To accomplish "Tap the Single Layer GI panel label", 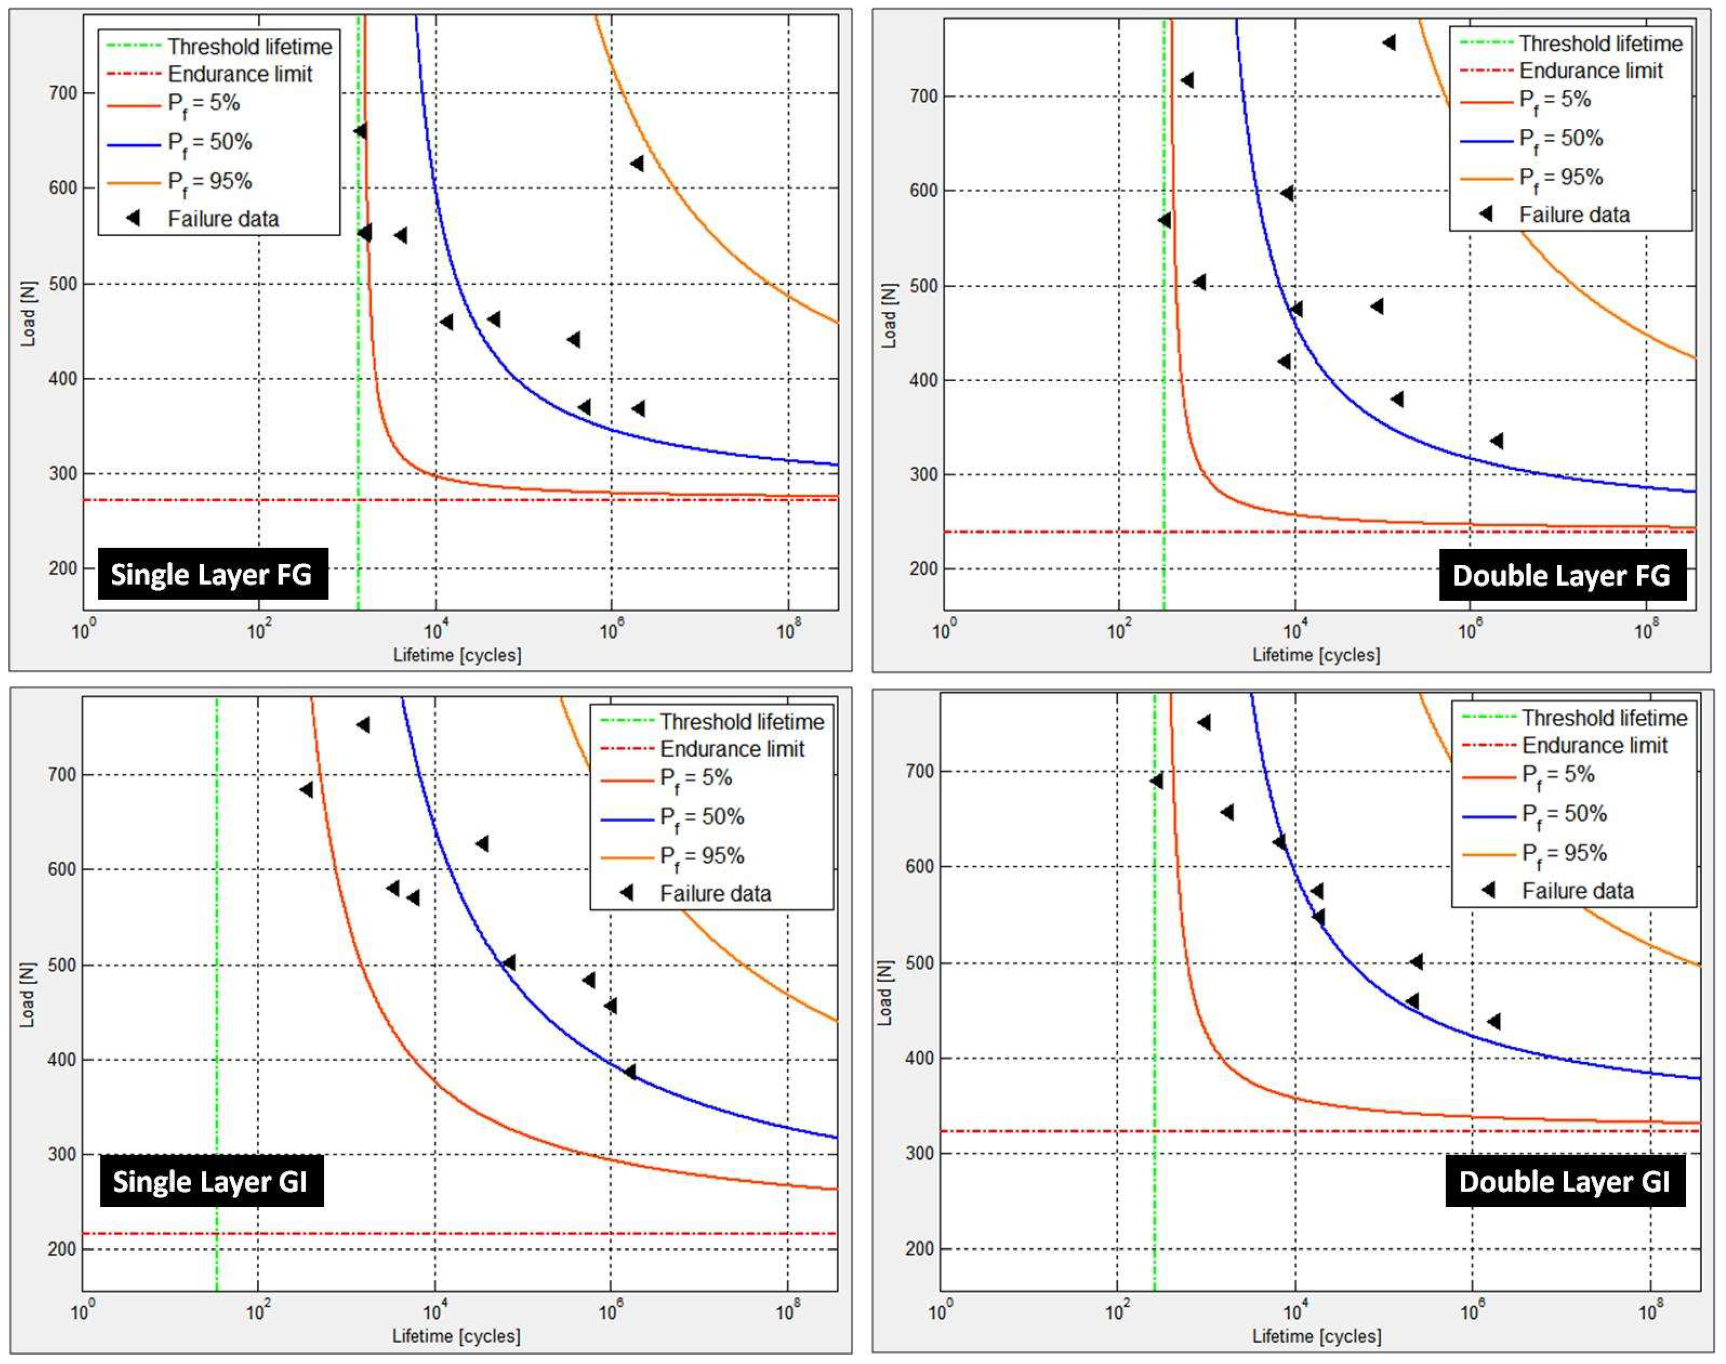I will coord(211,1181).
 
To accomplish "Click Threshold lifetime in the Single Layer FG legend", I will coord(249,46).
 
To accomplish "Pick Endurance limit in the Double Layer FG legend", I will coord(1590,71).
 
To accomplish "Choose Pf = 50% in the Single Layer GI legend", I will coord(701,817).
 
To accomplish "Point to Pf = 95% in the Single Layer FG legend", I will coord(209,181).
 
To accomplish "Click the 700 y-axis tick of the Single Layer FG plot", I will coord(63,93).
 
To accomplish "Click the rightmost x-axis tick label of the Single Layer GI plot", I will coord(787,1312).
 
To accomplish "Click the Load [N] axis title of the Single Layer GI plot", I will coord(28,994).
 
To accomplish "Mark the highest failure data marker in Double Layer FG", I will coord(1389,43).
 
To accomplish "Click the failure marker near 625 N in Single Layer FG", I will coord(636,164).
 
